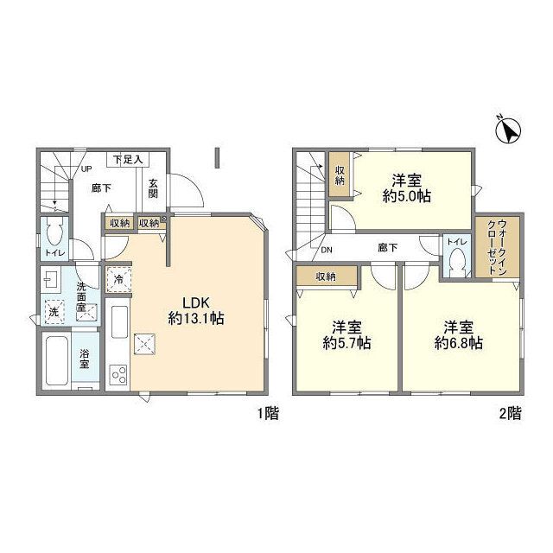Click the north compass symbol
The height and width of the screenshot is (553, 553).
(509, 130)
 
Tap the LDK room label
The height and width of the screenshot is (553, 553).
(196, 302)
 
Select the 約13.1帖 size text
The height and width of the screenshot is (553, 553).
(196, 319)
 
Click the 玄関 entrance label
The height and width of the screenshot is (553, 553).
(153, 188)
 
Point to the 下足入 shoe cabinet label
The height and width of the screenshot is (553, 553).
(128, 159)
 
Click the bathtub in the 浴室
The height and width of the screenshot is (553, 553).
(56, 360)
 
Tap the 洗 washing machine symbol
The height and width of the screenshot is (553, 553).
(54, 312)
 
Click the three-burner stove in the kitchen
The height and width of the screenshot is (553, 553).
(118, 374)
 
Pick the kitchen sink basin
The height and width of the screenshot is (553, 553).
(119, 321)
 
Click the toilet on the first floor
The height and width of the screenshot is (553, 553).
(54, 232)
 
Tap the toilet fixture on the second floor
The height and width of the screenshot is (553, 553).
(457, 262)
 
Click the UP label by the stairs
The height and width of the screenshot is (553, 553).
(86, 169)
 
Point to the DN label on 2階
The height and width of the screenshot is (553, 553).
(327, 250)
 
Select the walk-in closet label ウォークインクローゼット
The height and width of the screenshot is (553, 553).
(498, 247)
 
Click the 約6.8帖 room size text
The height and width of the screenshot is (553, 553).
(459, 343)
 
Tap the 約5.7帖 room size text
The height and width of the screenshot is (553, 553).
(346, 343)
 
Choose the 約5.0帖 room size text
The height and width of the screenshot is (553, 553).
(407, 196)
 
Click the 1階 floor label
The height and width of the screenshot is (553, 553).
(268, 413)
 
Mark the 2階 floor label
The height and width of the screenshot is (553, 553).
(510, 413)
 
